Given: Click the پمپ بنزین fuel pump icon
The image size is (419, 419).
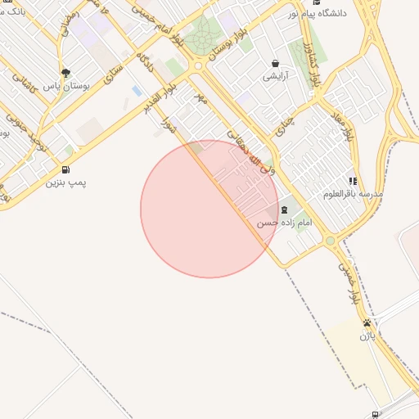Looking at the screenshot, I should tap(65, 170).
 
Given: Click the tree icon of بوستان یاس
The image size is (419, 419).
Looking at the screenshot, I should tap(65, 72).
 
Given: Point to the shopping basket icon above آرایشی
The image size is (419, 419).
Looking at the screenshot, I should tap(274, 63).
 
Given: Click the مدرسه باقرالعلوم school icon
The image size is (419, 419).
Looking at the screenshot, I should tap(353, 181).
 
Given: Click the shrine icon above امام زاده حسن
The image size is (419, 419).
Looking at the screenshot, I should tap(284, 210).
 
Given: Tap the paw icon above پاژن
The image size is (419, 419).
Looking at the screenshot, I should tap(367, 322).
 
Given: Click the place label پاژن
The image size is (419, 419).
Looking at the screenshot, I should tap(367, 336).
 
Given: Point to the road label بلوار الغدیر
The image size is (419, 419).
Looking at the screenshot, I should tap(159, 97).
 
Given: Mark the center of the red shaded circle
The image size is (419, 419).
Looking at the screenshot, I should tap(209, 209).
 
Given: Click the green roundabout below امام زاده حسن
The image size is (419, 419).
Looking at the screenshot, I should tap(331, 241).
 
